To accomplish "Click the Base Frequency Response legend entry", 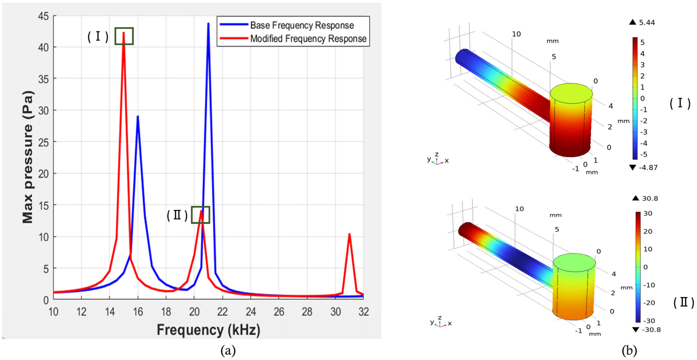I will click(302, 25).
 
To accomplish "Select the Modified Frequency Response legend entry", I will click(308, 39).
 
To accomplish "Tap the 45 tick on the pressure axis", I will click(44, 16).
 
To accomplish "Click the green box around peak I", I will click(124, 36).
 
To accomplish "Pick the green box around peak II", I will click(201, 215).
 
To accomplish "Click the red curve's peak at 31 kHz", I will click(349, 234).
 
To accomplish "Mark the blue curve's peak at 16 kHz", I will click(138, 116).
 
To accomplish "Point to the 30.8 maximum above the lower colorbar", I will click(650, 198).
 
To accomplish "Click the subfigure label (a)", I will click(228, 351).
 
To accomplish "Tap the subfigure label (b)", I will click(629, 351).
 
